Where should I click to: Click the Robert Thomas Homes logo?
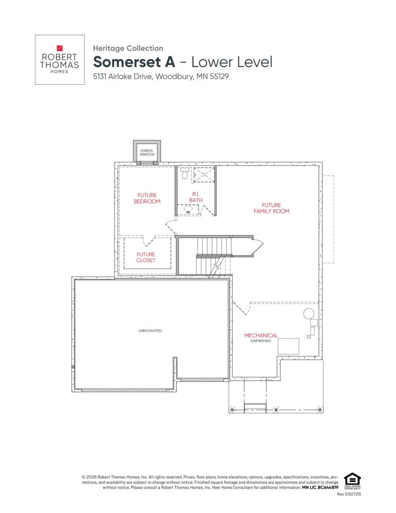tap(59, 59)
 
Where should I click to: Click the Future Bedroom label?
tap(147, 198)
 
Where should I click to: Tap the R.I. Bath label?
tap(196, 197)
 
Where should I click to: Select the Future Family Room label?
tap(271, 208)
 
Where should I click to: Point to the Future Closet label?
tap(146, 257)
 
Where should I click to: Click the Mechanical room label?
tap(261, 335)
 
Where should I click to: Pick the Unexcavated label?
tap(150, 331)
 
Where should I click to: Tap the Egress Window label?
tap(147, 152)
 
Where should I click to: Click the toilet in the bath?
tap(185, 173)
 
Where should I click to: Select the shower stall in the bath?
tap(204, 174)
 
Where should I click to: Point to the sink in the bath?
tap(188, 210)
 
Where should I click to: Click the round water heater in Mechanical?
tap(309, 314)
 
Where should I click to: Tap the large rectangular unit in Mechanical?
tap(288, 346)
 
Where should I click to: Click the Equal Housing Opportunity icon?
tap(353, 481)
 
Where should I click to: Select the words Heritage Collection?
tap(128, 48)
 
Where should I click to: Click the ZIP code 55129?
tap(219, 76)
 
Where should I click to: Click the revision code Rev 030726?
tap(349, 494)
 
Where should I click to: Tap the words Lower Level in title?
tap(232, 62)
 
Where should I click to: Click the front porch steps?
tap(255, 407)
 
